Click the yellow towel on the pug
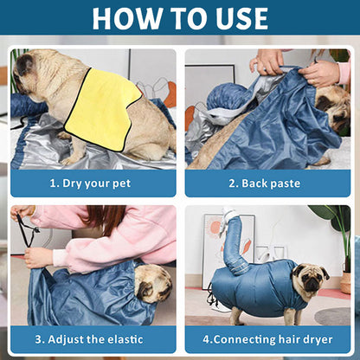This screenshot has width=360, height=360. [x=102, y=108]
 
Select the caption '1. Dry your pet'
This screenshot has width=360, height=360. [x=90, y=183]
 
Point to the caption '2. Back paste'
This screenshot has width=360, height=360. [x=265, y=183]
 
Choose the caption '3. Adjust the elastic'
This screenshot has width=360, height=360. [x=89, y=339]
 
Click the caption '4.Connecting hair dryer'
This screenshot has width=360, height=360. [x=267, y=339]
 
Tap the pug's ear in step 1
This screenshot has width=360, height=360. [x=24, y=65]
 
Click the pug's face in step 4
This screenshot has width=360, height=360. [x=310, y=277]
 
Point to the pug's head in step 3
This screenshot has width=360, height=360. [x=152, y=283]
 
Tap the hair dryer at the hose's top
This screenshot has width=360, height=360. [x=228, y=215]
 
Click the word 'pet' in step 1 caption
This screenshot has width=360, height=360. [x=121, y=183]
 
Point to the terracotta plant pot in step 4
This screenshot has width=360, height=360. [x=345, y=283]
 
